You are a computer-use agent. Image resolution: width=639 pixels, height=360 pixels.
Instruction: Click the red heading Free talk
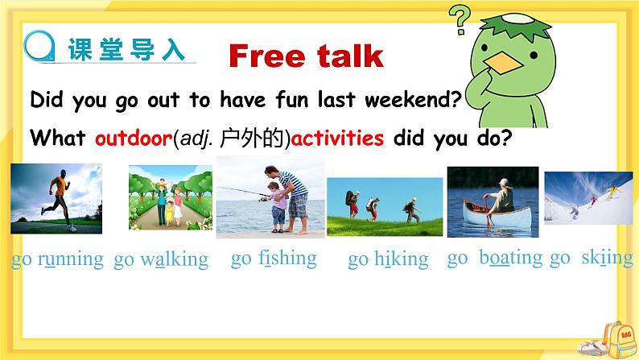coord(306,56)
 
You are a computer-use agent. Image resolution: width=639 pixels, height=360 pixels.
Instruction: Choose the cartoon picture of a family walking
coord(170,197)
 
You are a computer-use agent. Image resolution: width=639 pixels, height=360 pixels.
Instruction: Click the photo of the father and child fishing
coord(270,197)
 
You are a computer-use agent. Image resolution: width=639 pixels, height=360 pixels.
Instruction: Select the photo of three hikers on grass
coord(384,207)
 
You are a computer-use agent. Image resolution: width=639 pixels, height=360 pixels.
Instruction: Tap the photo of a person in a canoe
coord(493,201)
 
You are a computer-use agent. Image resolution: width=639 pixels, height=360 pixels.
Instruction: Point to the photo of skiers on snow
coord(587,198)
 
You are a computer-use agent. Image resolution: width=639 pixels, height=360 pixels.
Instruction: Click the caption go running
coord(57,259)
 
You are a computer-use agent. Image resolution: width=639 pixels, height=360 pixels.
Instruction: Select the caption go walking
coord(161,259)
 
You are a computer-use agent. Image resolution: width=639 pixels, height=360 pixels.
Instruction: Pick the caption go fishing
coord(274,258)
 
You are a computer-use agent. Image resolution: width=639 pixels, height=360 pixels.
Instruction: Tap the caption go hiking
coord(388,259)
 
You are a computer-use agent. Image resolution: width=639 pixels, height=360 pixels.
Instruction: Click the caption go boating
coord(495,258)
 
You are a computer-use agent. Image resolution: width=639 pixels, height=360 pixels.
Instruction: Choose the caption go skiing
coord(592,258)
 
